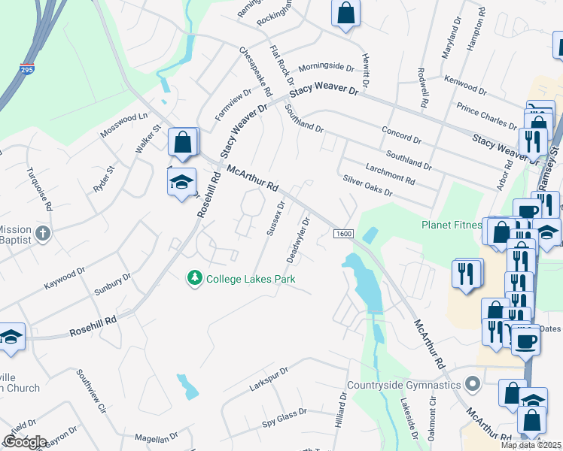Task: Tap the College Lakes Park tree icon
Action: (195, 278)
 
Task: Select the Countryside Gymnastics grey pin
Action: (473, 385)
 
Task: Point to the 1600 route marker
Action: (342, 234)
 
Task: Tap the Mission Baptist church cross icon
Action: (43, 234)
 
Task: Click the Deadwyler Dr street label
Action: (299, 240)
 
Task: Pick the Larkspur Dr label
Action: (269, 380)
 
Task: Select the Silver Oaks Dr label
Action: (367, 185)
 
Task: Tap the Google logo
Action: (25, 442)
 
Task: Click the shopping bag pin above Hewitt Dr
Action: (345, 14)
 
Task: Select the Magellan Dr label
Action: (156, 437)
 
